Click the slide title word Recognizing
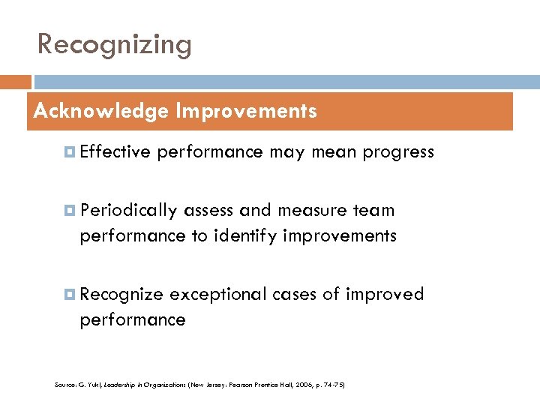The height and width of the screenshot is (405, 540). point(115,45)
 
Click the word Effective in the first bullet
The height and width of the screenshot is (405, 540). point(115,152)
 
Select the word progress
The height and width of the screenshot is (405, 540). point(398,152)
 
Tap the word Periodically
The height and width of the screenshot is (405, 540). point(129,211)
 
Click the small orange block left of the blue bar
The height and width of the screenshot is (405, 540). point(16,82)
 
